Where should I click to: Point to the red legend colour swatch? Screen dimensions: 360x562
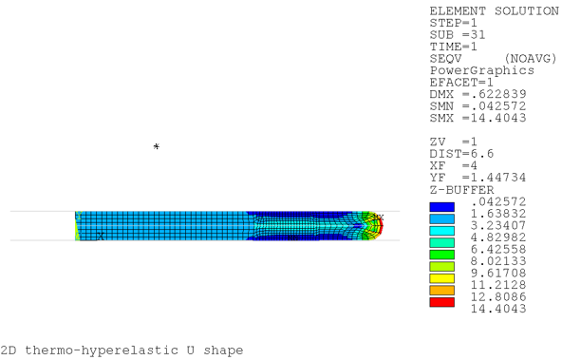point(442,302)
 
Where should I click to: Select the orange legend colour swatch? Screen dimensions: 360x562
point(442,290)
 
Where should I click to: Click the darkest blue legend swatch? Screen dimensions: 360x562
point(442,206)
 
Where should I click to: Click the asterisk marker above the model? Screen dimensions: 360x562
point(157,147)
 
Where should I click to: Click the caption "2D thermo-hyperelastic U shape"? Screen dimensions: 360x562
point(122,350)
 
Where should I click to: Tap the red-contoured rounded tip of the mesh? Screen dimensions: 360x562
point(378,225)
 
